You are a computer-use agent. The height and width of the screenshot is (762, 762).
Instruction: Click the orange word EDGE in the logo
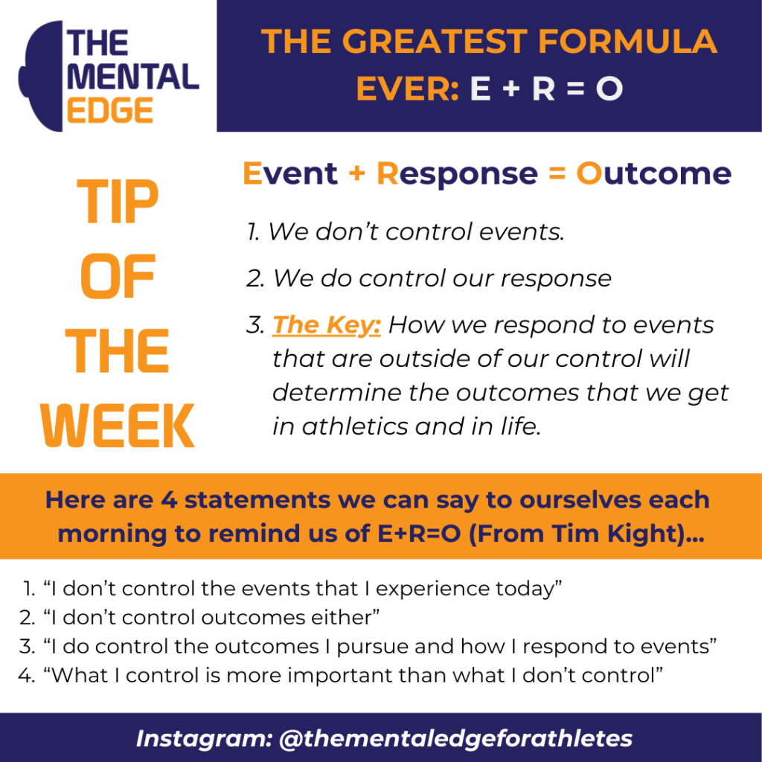[110, 110]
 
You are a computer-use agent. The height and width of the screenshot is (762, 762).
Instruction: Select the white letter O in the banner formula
[609, 89]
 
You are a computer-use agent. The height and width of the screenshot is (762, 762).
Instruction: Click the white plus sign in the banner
[511, 89]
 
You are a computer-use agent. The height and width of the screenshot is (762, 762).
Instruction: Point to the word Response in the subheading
[458, 174]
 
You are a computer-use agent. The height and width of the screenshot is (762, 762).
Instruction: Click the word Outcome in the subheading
[653, 173]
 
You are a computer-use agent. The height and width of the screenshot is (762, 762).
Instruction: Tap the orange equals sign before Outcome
[557, 173]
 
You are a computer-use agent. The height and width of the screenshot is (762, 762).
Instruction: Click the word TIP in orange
[118, 201]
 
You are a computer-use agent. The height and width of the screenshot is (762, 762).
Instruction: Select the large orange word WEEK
[118, 425]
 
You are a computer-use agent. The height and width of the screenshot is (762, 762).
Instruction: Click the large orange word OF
[118, 276]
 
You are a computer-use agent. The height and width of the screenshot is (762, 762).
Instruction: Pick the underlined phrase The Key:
[326, 325]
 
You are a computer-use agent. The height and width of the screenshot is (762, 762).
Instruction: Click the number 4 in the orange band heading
[169, 500]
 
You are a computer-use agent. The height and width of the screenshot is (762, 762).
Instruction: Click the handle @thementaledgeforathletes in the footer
[456, 739]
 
